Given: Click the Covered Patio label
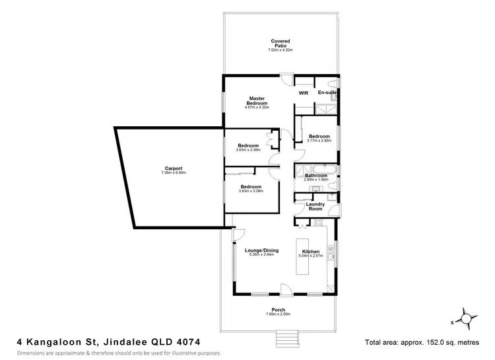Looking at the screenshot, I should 280,44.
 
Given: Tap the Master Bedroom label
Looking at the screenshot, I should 257,101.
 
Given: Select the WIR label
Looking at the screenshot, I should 304,93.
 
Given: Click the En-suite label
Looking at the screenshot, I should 327,93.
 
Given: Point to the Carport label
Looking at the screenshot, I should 174,168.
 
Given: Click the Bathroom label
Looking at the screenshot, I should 315,176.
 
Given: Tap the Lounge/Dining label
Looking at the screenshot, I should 261,250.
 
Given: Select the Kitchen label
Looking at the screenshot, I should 311,252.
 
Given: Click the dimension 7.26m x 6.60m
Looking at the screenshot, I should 174,173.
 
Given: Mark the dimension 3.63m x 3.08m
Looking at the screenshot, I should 251,191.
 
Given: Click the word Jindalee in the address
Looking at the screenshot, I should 122,342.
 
